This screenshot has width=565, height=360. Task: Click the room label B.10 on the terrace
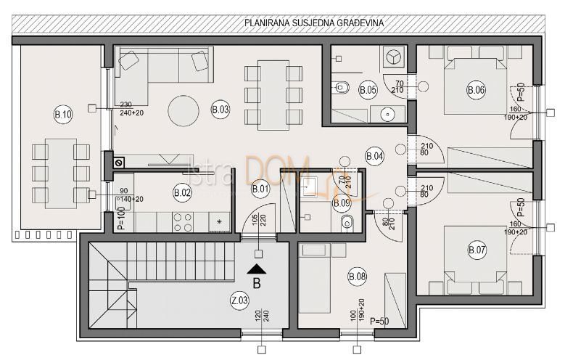[x=63, y=114]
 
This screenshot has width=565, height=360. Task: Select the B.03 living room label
[x=220, y=110]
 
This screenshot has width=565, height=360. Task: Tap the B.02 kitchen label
[x=182, y=192]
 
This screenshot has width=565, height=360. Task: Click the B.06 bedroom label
[x=476, y=90]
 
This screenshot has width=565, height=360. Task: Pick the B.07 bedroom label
[x=477, y=250]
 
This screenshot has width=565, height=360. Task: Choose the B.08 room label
[x=358, y=276]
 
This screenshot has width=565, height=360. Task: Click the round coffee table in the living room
[x=183, y=112]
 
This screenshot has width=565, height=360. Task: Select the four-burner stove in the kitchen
[x=182, y=221]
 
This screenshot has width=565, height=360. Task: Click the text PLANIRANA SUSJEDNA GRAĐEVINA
[x=313, y=22]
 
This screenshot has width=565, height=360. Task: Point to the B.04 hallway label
[x=374, y=155]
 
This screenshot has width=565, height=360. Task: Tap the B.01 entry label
[x=260, y=190]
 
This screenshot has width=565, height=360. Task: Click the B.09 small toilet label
[x=342, y=203]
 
